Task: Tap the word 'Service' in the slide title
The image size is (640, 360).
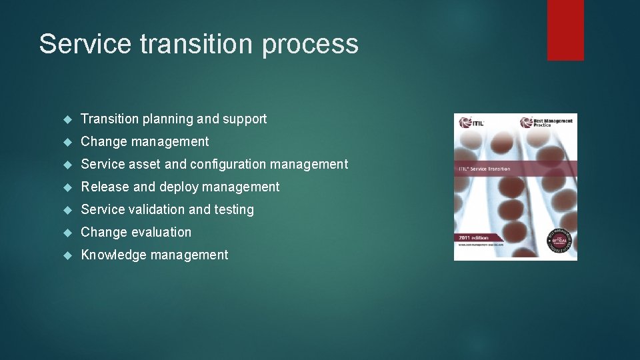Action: click(85, 44)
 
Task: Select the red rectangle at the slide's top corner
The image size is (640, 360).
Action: click(565, 30)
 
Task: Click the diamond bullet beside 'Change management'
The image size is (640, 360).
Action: click(67, 142)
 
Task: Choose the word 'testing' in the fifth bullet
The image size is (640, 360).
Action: click(234, 210)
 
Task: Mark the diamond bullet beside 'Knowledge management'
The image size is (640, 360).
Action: click(67, 255)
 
